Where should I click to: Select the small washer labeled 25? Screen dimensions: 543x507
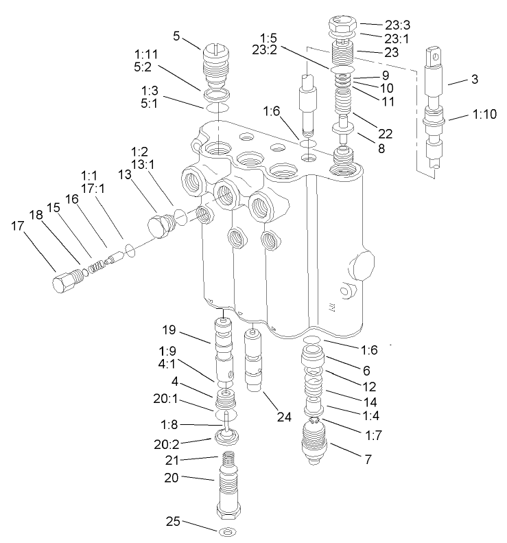pos(225,533)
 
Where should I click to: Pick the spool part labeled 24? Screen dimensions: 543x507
pos(255,359)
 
